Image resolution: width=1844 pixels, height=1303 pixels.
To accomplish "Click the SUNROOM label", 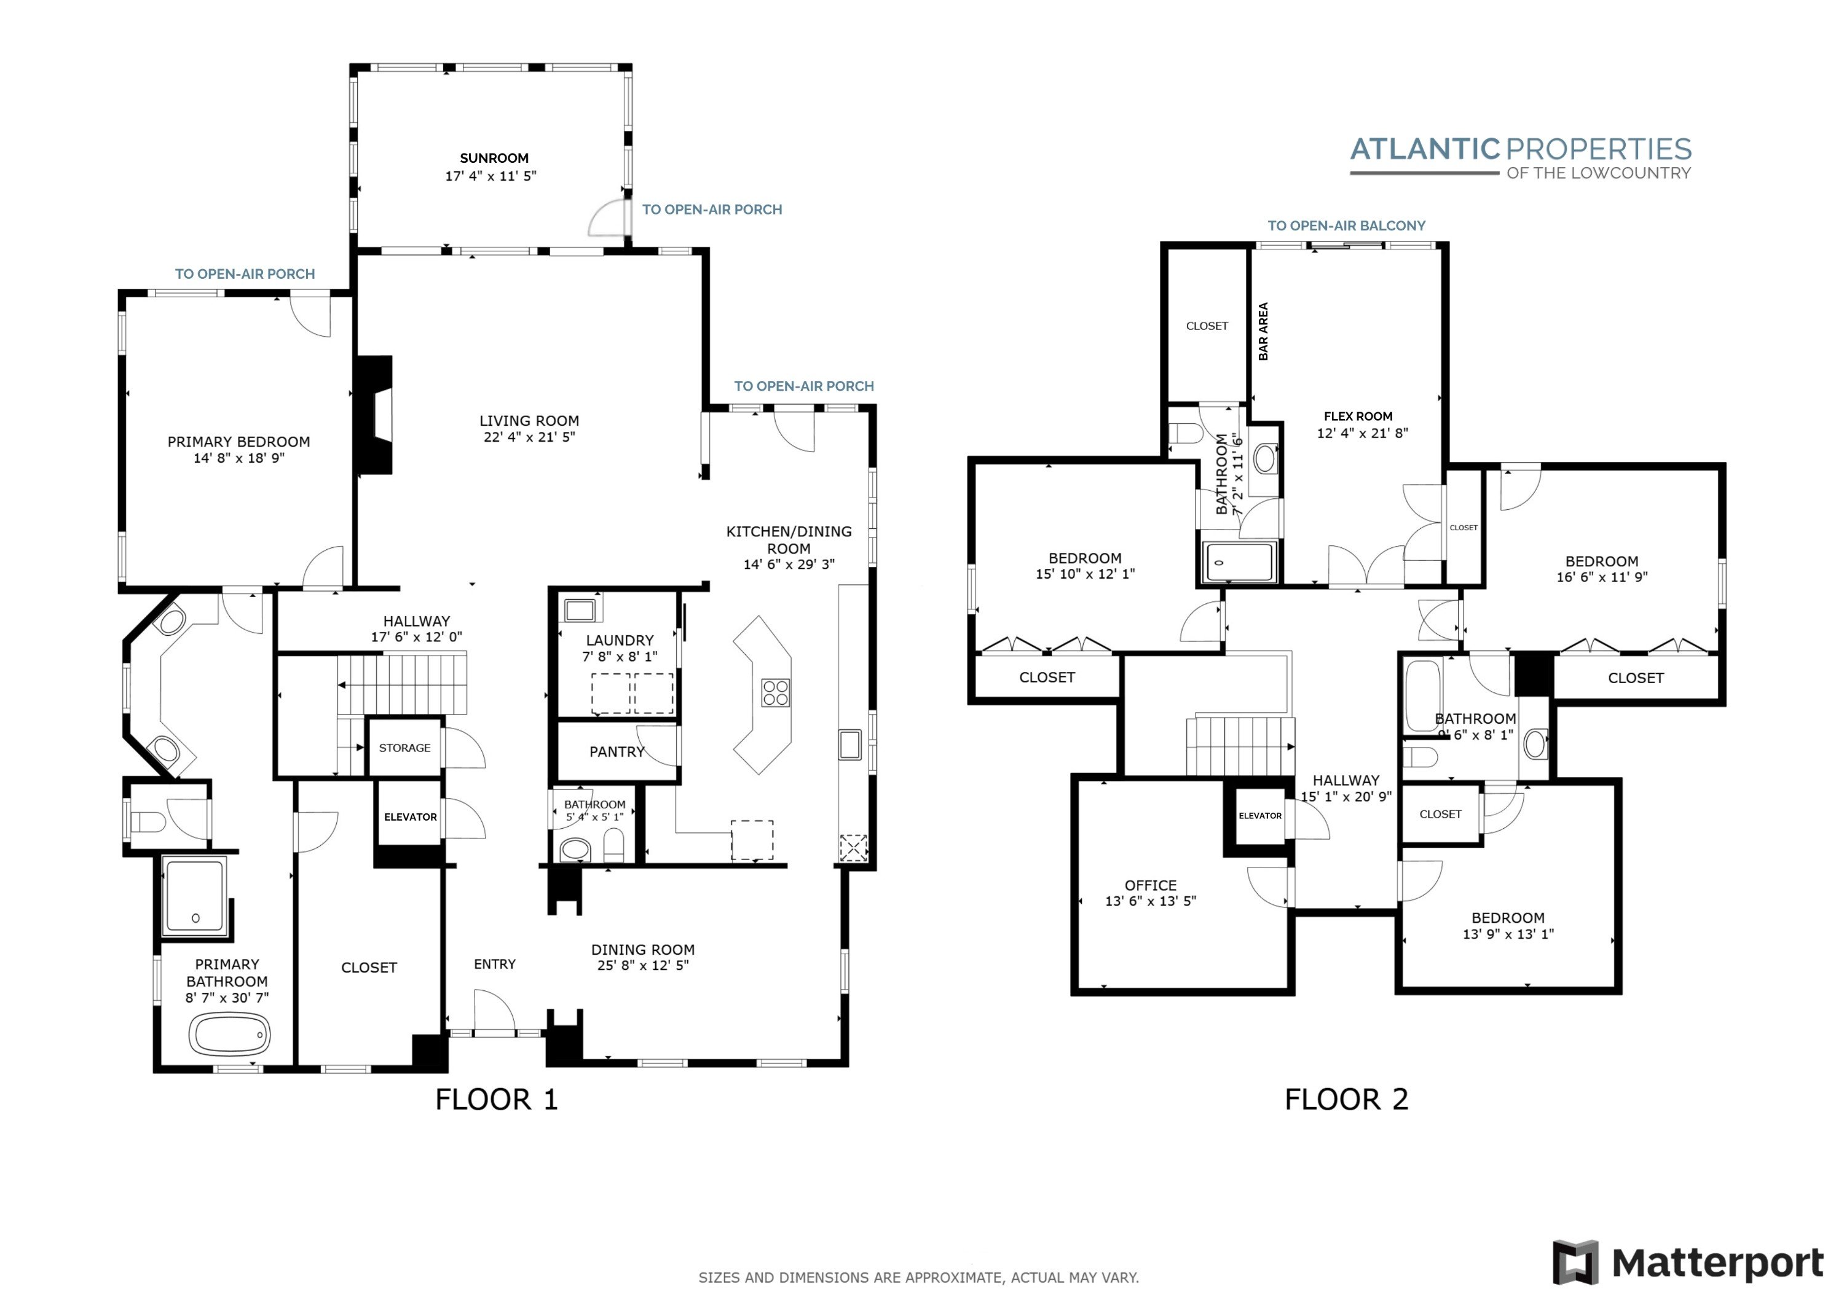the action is point(494,158).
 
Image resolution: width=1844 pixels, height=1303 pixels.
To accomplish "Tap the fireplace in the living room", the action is point(374,415).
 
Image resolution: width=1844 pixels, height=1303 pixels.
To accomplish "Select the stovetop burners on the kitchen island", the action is point(775,693).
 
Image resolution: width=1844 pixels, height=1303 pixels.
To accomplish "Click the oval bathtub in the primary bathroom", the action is point(230,1035).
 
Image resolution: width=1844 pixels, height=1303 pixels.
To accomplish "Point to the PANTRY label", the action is point(617,751).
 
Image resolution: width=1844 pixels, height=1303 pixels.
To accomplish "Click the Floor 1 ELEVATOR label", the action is point(411,817).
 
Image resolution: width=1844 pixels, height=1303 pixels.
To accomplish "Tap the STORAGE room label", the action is point(405,748).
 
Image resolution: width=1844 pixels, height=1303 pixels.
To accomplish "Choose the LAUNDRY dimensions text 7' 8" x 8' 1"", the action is point(620,657).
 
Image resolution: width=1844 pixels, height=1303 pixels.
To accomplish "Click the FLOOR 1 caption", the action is point(496,1099).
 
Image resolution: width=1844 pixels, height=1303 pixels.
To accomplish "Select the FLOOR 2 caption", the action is point(1347,1099).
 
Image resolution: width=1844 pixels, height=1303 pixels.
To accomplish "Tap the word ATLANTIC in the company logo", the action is point(1425,149).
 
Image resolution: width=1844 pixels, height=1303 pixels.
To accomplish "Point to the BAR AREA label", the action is point(1263,331).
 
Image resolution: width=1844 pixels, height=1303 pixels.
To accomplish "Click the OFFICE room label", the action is point(1151,885).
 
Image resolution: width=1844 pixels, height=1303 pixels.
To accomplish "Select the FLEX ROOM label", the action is point(1358,416).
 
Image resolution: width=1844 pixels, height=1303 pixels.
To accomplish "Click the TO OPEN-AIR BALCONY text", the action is point(1347,225).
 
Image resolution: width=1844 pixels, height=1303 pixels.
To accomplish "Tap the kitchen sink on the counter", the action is point(849,744).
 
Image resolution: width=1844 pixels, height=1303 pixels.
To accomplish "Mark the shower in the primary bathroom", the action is point(194,897).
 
